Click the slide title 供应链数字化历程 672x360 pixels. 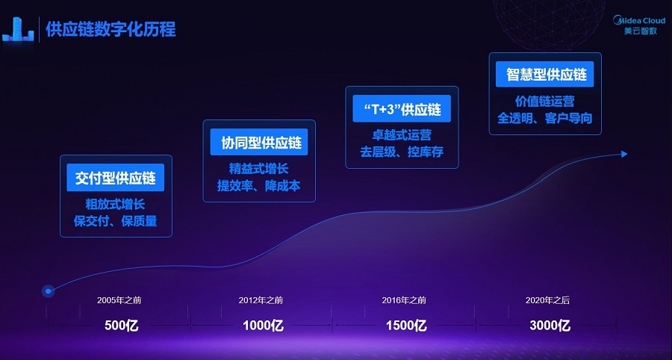[x=111, y=29]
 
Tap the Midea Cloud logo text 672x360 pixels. [x=639, y=20]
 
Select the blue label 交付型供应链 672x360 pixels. [x=115, y=178]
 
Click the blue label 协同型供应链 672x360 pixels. [x=259, y=142]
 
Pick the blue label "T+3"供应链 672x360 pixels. [x=402, y=108]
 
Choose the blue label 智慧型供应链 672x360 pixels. [x=545, y=74]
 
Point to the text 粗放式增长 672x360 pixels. [x=115, y=204]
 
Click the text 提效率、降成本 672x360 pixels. [x=259, y=185]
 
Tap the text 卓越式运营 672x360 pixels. [x=402, y=135]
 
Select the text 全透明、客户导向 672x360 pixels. [x=545, y=118]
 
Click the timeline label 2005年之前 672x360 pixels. [x=119, y=300]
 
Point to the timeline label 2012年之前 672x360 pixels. [x=261, y=300]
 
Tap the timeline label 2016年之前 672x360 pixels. [x=404, y=300]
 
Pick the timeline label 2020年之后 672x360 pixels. [x=548, y=300]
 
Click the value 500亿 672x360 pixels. [x=122, y=326]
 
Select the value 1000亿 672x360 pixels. [x=263, y=326]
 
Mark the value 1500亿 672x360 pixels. [x=406, y=326]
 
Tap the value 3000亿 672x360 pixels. [x=550, y=326]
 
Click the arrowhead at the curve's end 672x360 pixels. [x=624, y=153]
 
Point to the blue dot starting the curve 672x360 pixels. [x=48, y=291]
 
